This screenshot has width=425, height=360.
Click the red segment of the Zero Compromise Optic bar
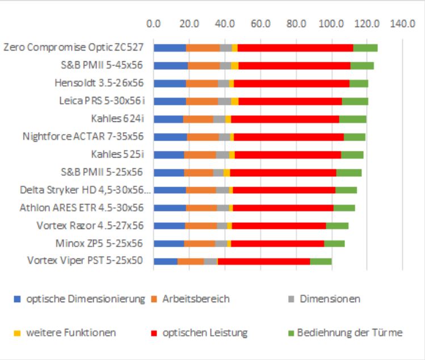pos(295,48)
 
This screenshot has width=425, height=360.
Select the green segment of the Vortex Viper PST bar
pos(321,261)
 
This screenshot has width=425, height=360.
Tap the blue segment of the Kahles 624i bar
pos(168,119)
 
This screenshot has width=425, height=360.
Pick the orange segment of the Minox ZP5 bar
pos(199,243)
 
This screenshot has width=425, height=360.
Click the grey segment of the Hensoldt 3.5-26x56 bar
pos(223,83)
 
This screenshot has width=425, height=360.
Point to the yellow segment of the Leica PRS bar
pos(234,101)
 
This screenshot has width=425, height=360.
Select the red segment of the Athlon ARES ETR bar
pos(283,207)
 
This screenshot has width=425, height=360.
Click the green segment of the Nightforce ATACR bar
pos(355,137)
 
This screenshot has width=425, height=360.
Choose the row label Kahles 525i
pos(117,154)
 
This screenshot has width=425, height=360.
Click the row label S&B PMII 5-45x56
pos(102,66)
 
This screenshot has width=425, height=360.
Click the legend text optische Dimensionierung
pos(85,299)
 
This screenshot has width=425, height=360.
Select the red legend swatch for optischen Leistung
pos(154,333)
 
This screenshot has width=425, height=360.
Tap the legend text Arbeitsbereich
pos(196,299)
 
